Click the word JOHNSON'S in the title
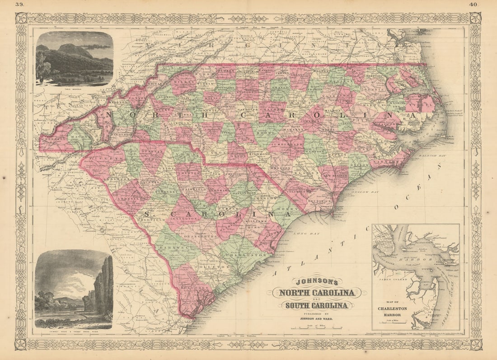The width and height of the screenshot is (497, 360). [x=316, y=281]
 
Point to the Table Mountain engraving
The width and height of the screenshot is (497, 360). [x=74, y=58]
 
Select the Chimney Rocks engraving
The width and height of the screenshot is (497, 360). [x=73, y=289]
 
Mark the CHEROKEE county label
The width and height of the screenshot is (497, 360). [x=55, y=140]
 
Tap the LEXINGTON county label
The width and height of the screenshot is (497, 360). [x=187, y=218]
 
